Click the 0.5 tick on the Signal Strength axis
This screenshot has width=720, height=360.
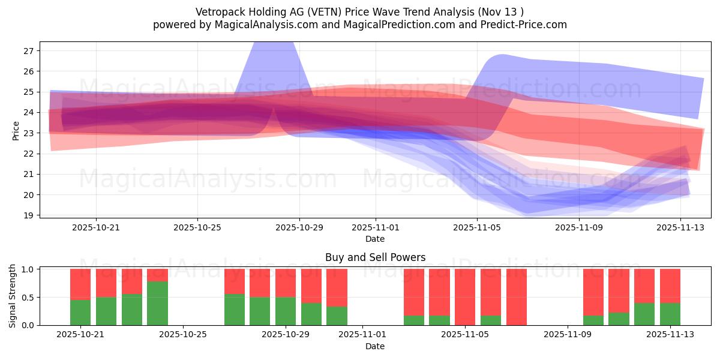coord(28,298)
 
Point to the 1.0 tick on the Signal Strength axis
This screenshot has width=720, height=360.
coord(28,269)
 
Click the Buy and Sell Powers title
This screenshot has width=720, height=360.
coord(375,257)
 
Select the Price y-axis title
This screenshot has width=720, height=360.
coord(16,130)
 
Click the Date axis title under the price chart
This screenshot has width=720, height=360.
coord(375,239)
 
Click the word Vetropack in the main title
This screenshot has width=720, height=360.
coord(218,12)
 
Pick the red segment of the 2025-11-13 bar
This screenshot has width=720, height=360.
coord(670,286)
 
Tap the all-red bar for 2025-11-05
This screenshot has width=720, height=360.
coord(465,297)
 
